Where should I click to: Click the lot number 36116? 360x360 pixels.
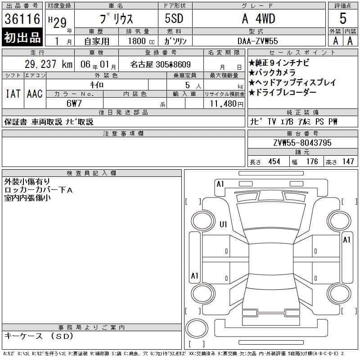22,19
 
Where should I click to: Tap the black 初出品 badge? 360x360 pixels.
22,37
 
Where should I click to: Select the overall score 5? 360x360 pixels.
343,18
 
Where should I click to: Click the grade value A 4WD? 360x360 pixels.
258,18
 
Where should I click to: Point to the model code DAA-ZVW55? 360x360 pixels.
257,41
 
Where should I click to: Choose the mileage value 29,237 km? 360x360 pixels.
49,64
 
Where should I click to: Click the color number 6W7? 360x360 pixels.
74,103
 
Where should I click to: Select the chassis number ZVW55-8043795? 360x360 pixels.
302,143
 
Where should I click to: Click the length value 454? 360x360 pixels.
274,162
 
